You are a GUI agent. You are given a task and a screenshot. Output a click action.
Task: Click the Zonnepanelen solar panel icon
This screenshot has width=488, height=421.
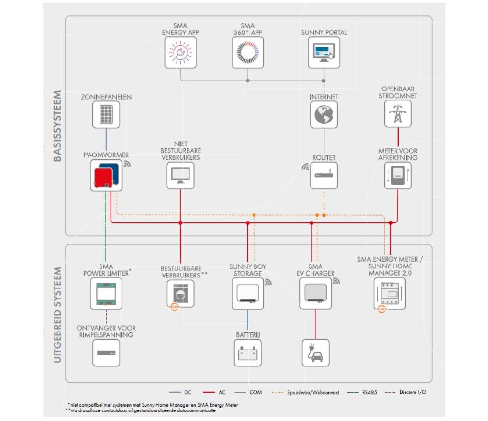click(106, 114)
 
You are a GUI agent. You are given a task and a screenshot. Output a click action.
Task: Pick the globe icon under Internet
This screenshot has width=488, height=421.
click(324, 114)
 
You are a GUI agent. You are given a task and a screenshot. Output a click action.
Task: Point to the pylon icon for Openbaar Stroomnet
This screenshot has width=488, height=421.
click(398, 114)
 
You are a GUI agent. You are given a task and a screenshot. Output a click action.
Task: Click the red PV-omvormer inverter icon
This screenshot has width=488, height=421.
click(107, 176)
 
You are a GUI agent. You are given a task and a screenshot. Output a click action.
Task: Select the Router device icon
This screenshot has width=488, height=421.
click(324, 176)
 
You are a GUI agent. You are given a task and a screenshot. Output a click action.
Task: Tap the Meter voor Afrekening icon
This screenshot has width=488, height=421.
click(398, 176)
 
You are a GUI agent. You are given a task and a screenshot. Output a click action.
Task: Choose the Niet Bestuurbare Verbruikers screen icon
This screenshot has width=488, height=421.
click(181, 176)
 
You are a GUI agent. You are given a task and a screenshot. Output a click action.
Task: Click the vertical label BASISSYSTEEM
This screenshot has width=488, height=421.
click(57, 126)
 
